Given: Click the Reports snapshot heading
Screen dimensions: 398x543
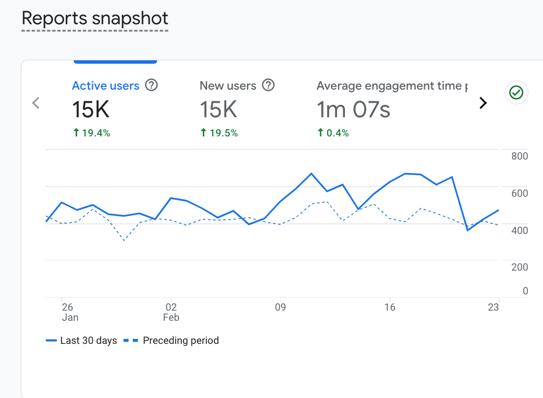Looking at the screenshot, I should coord(95,18).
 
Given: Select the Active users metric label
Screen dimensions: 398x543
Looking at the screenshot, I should coord(106,86).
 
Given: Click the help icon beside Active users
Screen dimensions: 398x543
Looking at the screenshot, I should coord(151,85).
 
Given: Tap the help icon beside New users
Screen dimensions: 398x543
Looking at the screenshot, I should coord(268,85).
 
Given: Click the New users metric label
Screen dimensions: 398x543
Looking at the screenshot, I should coord(228,86).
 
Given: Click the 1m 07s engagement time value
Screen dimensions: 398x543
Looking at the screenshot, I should coord(353,110).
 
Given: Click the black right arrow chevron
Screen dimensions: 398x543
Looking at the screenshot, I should coord(482,103).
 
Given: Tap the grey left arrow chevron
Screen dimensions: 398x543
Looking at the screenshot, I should coord(36,103).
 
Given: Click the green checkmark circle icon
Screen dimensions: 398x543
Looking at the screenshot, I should coord(517,92).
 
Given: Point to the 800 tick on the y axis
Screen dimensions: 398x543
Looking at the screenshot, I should coord(519,156).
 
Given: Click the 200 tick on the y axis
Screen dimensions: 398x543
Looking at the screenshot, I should coord(519,267).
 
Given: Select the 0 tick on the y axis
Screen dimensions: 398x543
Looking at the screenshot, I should coord(525,291).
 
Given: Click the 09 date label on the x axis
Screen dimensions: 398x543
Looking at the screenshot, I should coord(280,307).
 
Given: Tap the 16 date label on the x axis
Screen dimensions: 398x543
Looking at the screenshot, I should coord(390,307).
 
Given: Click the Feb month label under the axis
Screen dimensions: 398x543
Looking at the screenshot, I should coord(171,318).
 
